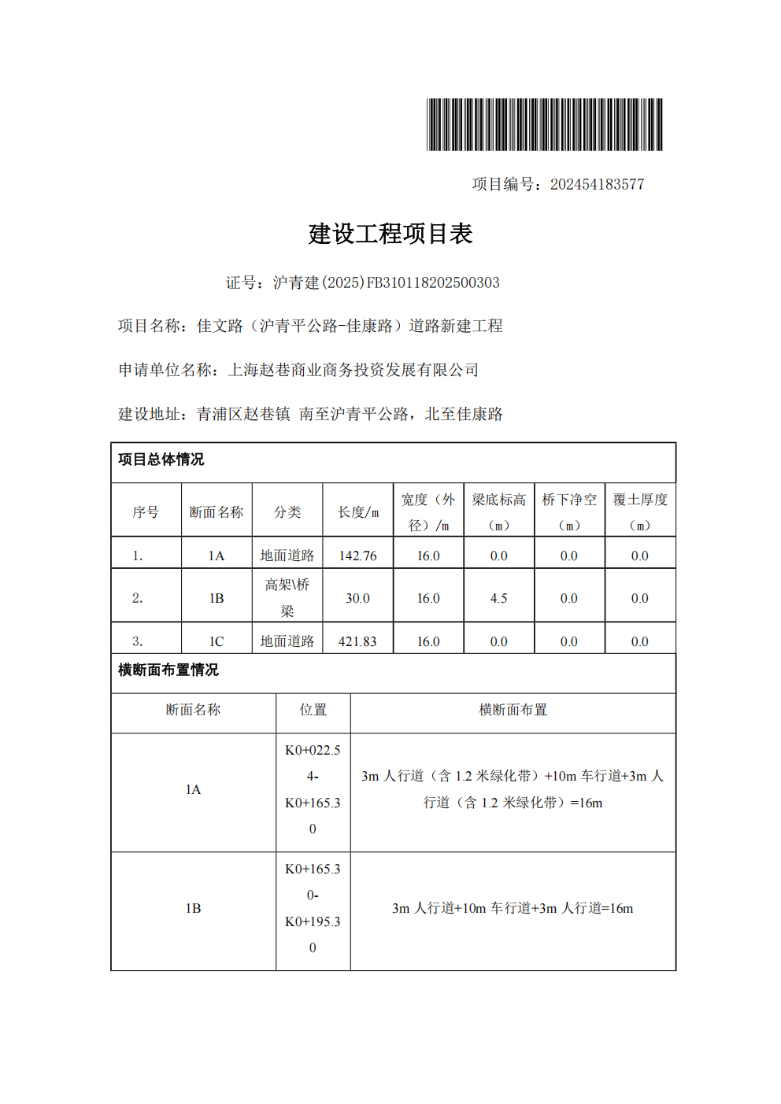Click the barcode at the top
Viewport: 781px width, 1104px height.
click(544, 124)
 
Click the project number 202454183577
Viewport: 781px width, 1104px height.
click(597, 184)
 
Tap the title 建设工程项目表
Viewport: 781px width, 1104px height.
click(390, 234)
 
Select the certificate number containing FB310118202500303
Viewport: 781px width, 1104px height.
click(386, 282)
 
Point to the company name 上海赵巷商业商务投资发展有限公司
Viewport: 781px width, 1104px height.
click(353, 370)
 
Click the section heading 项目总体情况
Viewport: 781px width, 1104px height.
click(161, 460)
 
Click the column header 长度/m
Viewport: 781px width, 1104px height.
click(358, 512)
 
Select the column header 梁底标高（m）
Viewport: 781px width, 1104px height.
click(499, 512)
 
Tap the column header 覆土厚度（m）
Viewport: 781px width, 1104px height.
click(640, 512)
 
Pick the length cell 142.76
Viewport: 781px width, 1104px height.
click(358, 556)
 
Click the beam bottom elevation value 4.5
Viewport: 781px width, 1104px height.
click(499, 598)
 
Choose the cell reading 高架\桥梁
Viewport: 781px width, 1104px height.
click(287, 598)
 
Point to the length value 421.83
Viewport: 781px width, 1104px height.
click(358, 641)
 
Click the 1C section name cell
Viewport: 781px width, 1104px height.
click(217, 641)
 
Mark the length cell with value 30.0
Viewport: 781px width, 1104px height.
click(358, 598)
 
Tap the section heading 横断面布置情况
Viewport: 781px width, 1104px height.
click(168, 670)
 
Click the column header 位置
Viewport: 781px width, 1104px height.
click(313, 710)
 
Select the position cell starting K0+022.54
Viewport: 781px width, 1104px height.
click(313, 789)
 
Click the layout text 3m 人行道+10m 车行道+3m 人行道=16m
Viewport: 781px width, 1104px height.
click(513, 908)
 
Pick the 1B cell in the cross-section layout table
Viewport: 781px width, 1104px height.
click(194, 908)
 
